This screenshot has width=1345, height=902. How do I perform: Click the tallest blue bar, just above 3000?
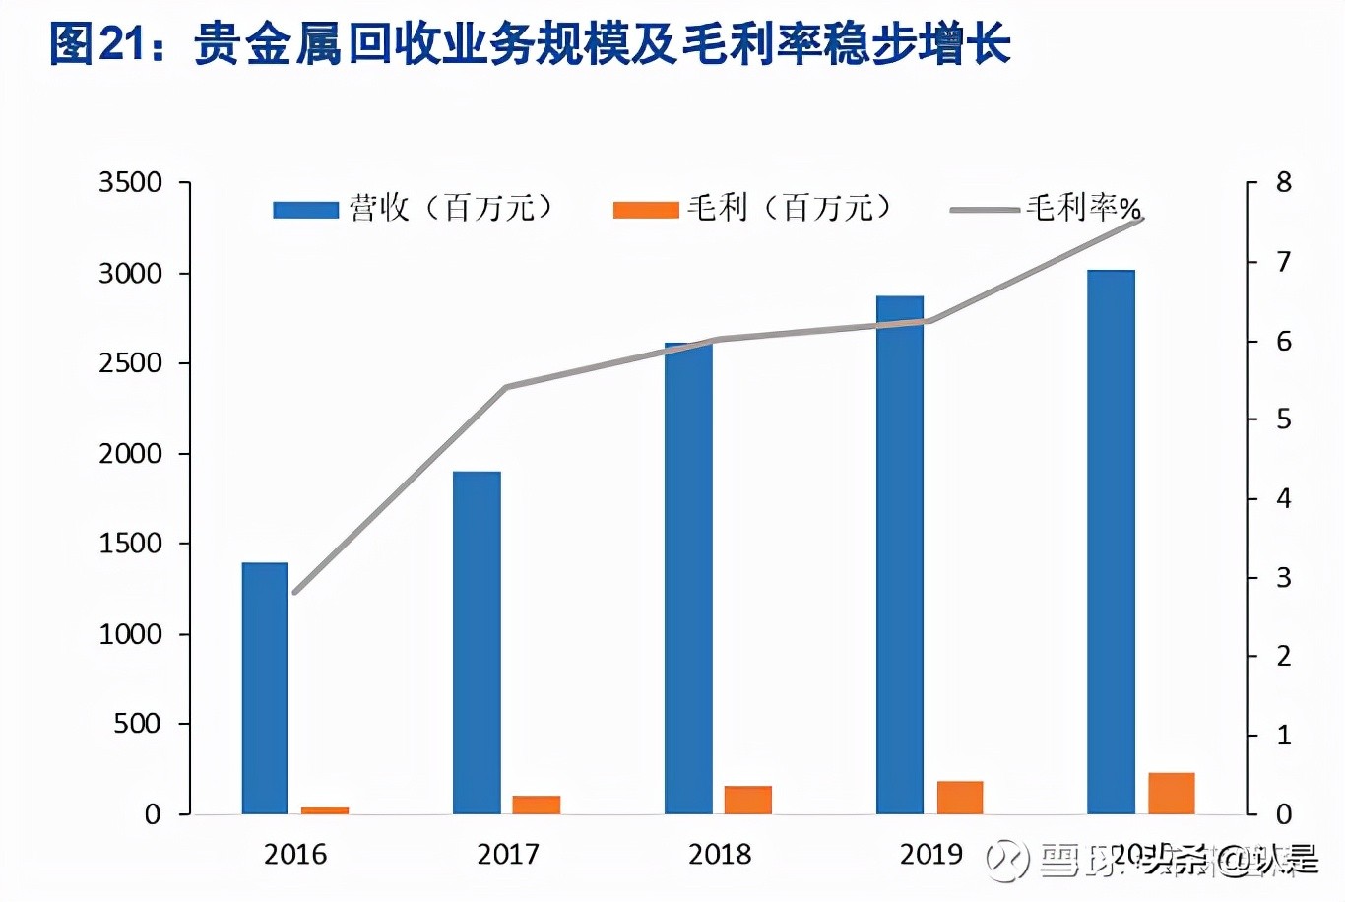[x=1111, y=542]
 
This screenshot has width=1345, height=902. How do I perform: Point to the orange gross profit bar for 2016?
[x=325, y=810]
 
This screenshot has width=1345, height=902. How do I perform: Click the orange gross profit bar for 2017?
[x=537, y=804]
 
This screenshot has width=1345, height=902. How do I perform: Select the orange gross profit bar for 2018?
[x=748, y=800]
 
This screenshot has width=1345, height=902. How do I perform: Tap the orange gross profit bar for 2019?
[x=960, y=797]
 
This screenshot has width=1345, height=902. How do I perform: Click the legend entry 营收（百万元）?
[x=414, y=208]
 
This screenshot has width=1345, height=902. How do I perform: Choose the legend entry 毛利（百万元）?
[x=753, y=208]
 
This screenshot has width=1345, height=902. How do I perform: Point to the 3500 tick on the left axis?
[x=130, y=183]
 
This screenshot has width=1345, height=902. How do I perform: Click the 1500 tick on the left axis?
[x=130, y=544]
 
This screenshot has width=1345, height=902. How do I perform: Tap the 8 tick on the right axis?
[x=1283, y=183]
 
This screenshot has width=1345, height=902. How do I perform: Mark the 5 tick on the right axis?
[x=1283, y=419]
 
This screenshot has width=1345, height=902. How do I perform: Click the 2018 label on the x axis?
[x=720, y=854]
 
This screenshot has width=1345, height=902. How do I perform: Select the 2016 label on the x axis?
[x=295, y=854]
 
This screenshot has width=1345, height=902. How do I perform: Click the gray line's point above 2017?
[x=506, y=387]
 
